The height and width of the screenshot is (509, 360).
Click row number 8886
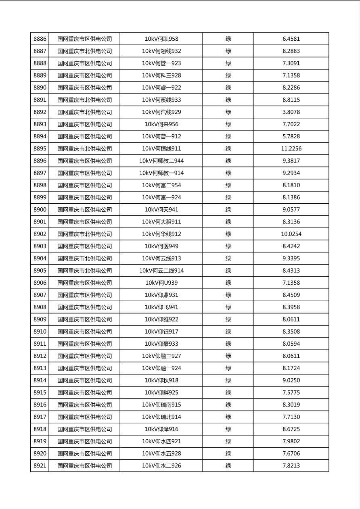pyautogui.click(x=40, y=39)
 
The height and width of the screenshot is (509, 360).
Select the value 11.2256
pyautogui.click(x=291, y=149)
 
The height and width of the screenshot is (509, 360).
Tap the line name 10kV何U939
pyautogui.click(x=161, y=283)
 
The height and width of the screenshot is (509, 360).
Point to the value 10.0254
pyautogui.click(x=291, y=234)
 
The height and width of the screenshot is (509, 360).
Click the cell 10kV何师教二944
pyautogui.click(x=161, y=161)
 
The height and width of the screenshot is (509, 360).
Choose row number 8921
pyautogui.click(x=40, y=466)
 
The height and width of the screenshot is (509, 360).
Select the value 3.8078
pyautogui.click(x=291, y=112)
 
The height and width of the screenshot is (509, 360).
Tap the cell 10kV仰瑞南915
pyautogui.click(x=161, y=405)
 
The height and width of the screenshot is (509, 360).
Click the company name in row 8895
pyautogui.click(x=84, y=149)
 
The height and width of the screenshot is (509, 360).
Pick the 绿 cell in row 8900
pyautogui.click(x=228, y=210)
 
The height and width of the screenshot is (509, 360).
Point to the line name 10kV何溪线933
pyautogui.click(x=161, y=100)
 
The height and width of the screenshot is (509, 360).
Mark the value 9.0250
pyautogui.click(x=291, y=380)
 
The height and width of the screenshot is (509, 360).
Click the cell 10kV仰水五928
pyautogui.click(x=161, y=454)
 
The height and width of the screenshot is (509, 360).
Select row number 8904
pyautogui.click(x=40, y=259)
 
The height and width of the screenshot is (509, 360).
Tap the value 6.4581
pyautogui.click(x=291, y=39)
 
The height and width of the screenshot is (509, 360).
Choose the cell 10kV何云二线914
pyautogui.click(x=161, y=271)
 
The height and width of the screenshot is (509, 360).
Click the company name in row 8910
pyautogui.click(x=84, y=332)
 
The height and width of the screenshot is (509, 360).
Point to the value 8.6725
pyautogui.click(x=291, y=429)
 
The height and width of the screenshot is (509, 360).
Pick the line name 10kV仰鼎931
pyautogui.click(x=161, y=295)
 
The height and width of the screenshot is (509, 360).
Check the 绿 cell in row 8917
pyautogui.click(x=228, y=417)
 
